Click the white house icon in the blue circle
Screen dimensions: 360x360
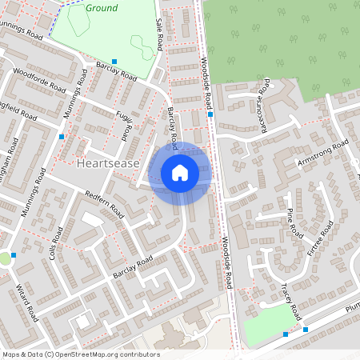point(180,173)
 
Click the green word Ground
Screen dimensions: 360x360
point(101,8)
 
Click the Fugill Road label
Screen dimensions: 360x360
point(126,123)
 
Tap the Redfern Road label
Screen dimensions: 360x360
point(105,203)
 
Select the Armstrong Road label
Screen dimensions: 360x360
point(323,151)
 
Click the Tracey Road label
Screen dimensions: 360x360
point(289,299)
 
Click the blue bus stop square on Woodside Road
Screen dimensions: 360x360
point(210,114)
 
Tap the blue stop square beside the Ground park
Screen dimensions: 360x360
point(114,62)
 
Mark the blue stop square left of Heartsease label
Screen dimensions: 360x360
point(62,136)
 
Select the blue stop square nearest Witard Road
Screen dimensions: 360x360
point(14,254)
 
